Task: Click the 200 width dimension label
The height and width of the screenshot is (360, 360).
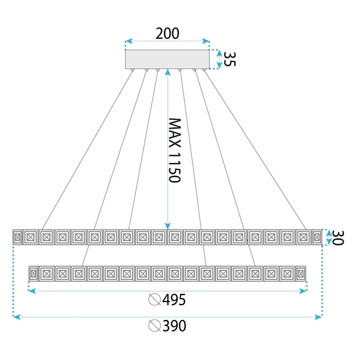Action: coord(167,33)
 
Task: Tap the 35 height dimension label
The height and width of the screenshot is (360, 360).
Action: coord(230,59)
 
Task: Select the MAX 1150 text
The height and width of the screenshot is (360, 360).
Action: coord(174,150)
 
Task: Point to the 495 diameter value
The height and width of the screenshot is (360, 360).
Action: coord(174,300)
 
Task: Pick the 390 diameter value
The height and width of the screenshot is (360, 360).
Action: coord(174,326)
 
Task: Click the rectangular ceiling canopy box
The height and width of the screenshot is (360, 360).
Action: coord(168,59)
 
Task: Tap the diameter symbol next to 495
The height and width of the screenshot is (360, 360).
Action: coord(155,300)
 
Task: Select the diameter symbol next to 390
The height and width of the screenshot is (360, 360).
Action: coord(155,326)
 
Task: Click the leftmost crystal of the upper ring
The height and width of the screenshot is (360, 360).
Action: coord(17,237)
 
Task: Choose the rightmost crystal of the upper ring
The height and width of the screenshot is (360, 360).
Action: coord(317,237)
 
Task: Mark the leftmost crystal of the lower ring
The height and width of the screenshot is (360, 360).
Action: coord(34,274)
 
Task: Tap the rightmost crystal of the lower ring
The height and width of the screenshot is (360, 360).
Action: coord(301,274)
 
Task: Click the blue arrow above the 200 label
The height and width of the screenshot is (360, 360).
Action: coord(168,42)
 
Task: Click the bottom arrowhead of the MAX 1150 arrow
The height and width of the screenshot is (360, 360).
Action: coord(168,225)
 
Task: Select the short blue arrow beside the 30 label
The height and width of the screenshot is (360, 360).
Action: coord(329,237)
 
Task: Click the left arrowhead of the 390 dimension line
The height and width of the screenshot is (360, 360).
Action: coord(16,317)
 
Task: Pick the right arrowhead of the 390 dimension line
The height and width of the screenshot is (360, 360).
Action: coord(319,317)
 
